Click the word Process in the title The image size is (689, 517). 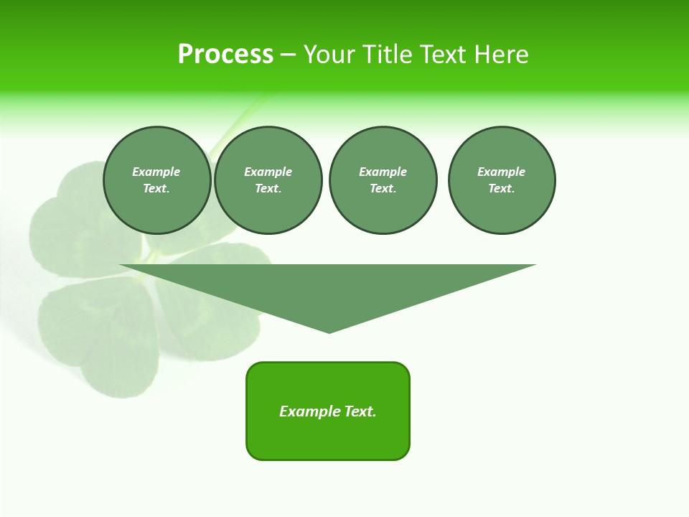225,55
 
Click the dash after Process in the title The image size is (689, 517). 288,55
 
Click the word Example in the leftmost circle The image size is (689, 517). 156,172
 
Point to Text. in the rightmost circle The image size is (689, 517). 502,188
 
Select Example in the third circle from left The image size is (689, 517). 383,172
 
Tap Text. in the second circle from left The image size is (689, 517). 268,188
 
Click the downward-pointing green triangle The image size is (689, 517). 328,287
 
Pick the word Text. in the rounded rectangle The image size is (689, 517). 358,411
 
